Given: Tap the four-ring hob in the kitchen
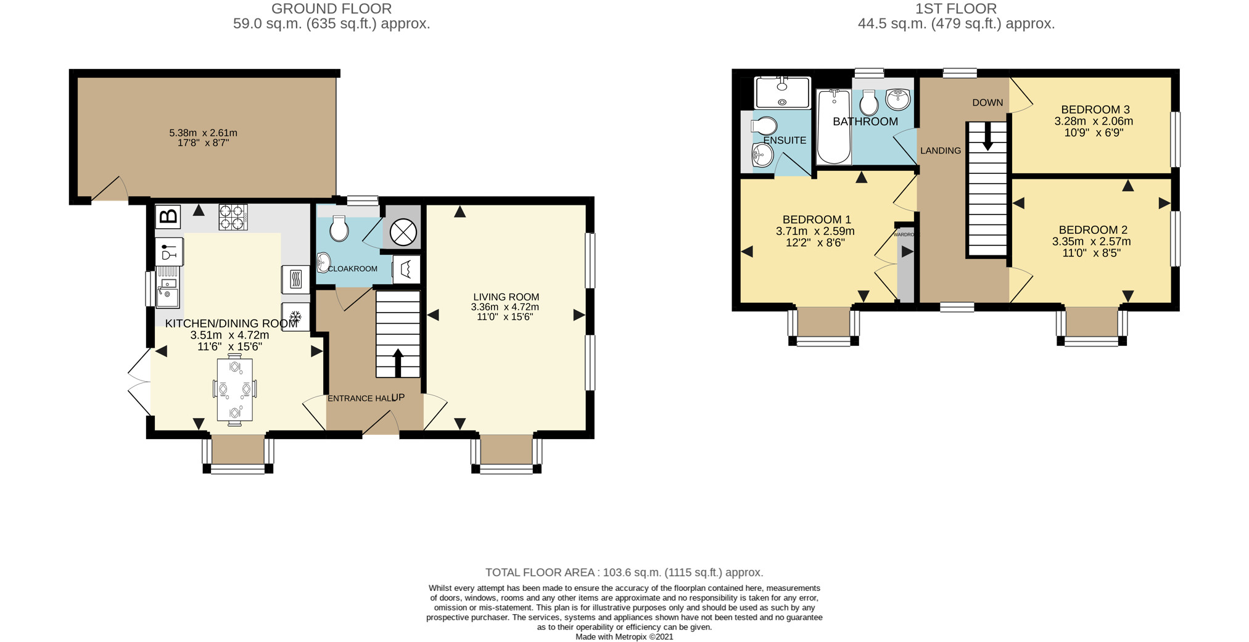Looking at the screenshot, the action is click(233, 217).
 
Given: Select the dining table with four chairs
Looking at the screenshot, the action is click(234, 390).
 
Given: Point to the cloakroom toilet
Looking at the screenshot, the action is click(339, 229).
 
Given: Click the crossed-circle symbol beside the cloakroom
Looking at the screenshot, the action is click(403, 233).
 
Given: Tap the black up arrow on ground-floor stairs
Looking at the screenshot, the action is click(398, 363).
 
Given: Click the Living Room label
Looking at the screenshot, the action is click(506, 297).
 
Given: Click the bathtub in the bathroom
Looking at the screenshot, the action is click(834, 127).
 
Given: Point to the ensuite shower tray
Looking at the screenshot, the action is click(782, 93).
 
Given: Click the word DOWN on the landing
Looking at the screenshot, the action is click(987, 102).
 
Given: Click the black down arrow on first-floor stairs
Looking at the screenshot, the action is click(987, 136).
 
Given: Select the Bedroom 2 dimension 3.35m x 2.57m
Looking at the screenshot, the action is click(1092, 242).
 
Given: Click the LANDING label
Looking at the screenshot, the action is click(941, 150).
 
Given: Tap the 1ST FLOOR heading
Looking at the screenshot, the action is click(957, 9).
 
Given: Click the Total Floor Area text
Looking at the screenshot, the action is click(624, 572).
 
